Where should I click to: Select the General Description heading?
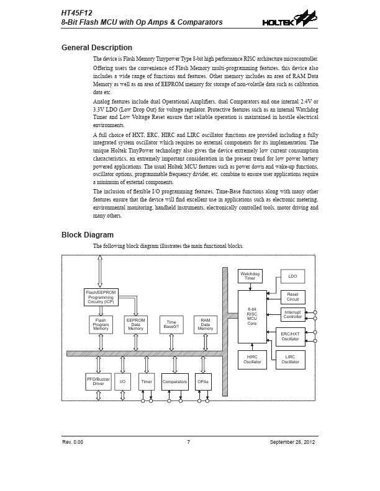pyautogui.click(x=96, y=48)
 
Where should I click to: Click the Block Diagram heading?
pyautogui.click(x=87, y=235)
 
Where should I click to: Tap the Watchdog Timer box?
pyautogui.click(x=250, y=276)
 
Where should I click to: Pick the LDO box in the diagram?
pyautogui.click(x=292, y=276)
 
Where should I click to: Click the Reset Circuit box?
pyautogui.click(x=292, y=297)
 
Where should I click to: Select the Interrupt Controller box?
pyautogui.click(x=292, y=315)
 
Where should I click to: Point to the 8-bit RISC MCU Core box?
pyautogui.click(x=252, y=316)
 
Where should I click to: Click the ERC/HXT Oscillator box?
pyautogui.click(x=290, y=337)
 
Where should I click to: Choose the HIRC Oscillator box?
pyautogui.click(x=252, y=360)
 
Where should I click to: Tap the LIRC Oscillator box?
pyautogui.click(x=290, y=360)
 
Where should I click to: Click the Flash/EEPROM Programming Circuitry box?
pyautogui.click(x=101, y=297)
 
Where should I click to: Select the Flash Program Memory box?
pyautogui.click(x=101, y=325)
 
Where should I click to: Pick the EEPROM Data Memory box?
pyautogui.click(x=135, y=325)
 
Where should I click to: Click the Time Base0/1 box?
pyautogui.click(x=171, y=325)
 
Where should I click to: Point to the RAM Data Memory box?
pyautogui.click(x=205, y=325)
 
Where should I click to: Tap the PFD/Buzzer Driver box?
pyautogui.click(x=98, y=381)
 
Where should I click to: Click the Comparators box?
pyautogui.click(x=174, y=381)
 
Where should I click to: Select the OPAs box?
pyautogui.click(x=203, y=381)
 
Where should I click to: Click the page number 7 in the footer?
pyautogui.click(x=188, y=441)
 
